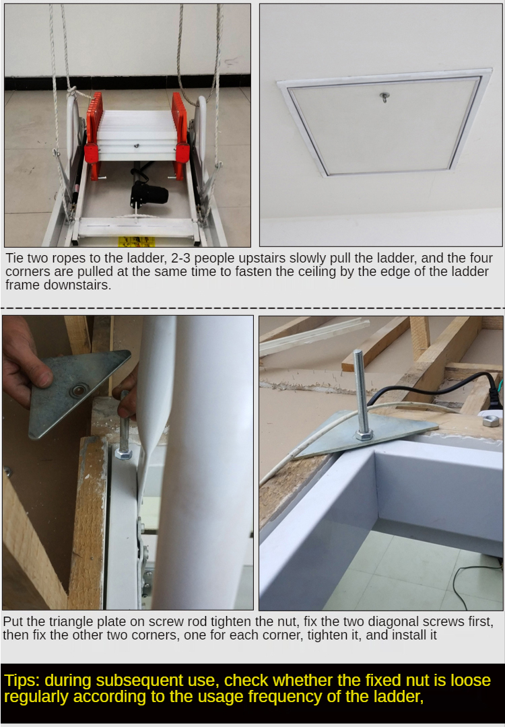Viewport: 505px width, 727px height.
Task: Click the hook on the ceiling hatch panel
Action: tap(384, 98)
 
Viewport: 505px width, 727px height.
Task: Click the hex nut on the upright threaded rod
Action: tap(365, 434)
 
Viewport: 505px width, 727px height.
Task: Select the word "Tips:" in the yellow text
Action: tap(22, 680)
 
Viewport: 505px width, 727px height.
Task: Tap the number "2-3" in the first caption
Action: tap(187, 258)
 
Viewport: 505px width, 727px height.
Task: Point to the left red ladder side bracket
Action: tap(93, 135)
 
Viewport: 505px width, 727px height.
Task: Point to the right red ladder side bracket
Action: tap(180, 135)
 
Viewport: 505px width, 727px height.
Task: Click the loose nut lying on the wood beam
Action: tap(491, 421)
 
